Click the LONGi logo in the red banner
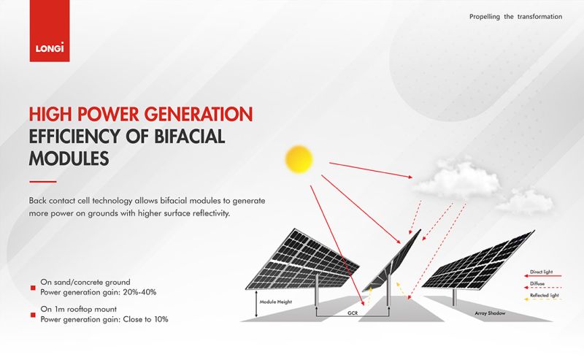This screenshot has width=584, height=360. (50, 47)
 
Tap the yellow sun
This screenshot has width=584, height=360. (299, 159)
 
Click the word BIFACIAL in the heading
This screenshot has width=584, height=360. (190, 136)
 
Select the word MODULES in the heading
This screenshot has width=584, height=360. (69, 158)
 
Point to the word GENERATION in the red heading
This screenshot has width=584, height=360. (199, 114)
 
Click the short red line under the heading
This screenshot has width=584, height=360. (43, 182)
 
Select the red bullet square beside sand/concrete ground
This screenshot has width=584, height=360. (33, 288)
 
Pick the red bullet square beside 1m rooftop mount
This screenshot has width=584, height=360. (33, 315)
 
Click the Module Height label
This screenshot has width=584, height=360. (276, 302)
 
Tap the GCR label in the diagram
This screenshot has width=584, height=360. (353, 313)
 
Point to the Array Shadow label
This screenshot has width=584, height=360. (490, 313)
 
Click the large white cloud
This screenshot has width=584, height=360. (458, 180)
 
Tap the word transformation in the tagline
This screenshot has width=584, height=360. (539, 16)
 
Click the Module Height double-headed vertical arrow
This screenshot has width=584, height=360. (256, 304)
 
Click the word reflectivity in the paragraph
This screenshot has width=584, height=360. (211, 213)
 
